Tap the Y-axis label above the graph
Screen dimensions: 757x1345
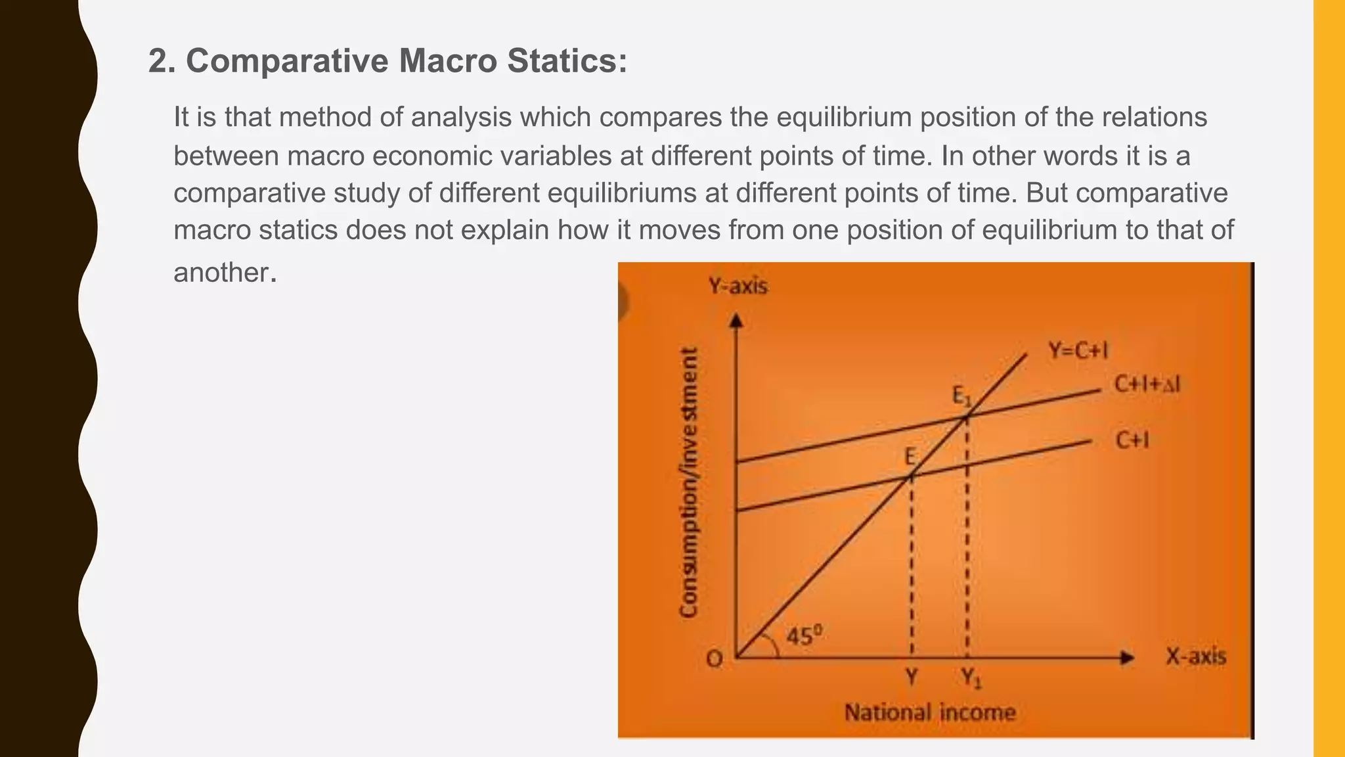point(738,287)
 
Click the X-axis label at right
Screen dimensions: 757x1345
point(1195,656)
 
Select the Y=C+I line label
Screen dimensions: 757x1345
point(1078,351)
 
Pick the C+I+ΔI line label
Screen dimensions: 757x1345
point(1147,384)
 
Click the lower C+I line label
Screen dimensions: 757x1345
point(1132,440)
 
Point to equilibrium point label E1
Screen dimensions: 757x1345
point(961,396)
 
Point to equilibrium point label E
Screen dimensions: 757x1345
point(910,456)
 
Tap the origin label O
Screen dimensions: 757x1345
point(715,658)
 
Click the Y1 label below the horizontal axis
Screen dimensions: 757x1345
point(971,677)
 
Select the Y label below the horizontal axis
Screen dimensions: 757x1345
point(912,676)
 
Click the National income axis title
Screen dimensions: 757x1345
point(929,712)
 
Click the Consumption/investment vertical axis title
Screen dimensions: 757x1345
point(688,483)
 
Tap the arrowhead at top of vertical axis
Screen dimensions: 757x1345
point(736,320)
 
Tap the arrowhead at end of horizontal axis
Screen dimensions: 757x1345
point(1127,657)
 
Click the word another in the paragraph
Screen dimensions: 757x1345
point(221,272)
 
